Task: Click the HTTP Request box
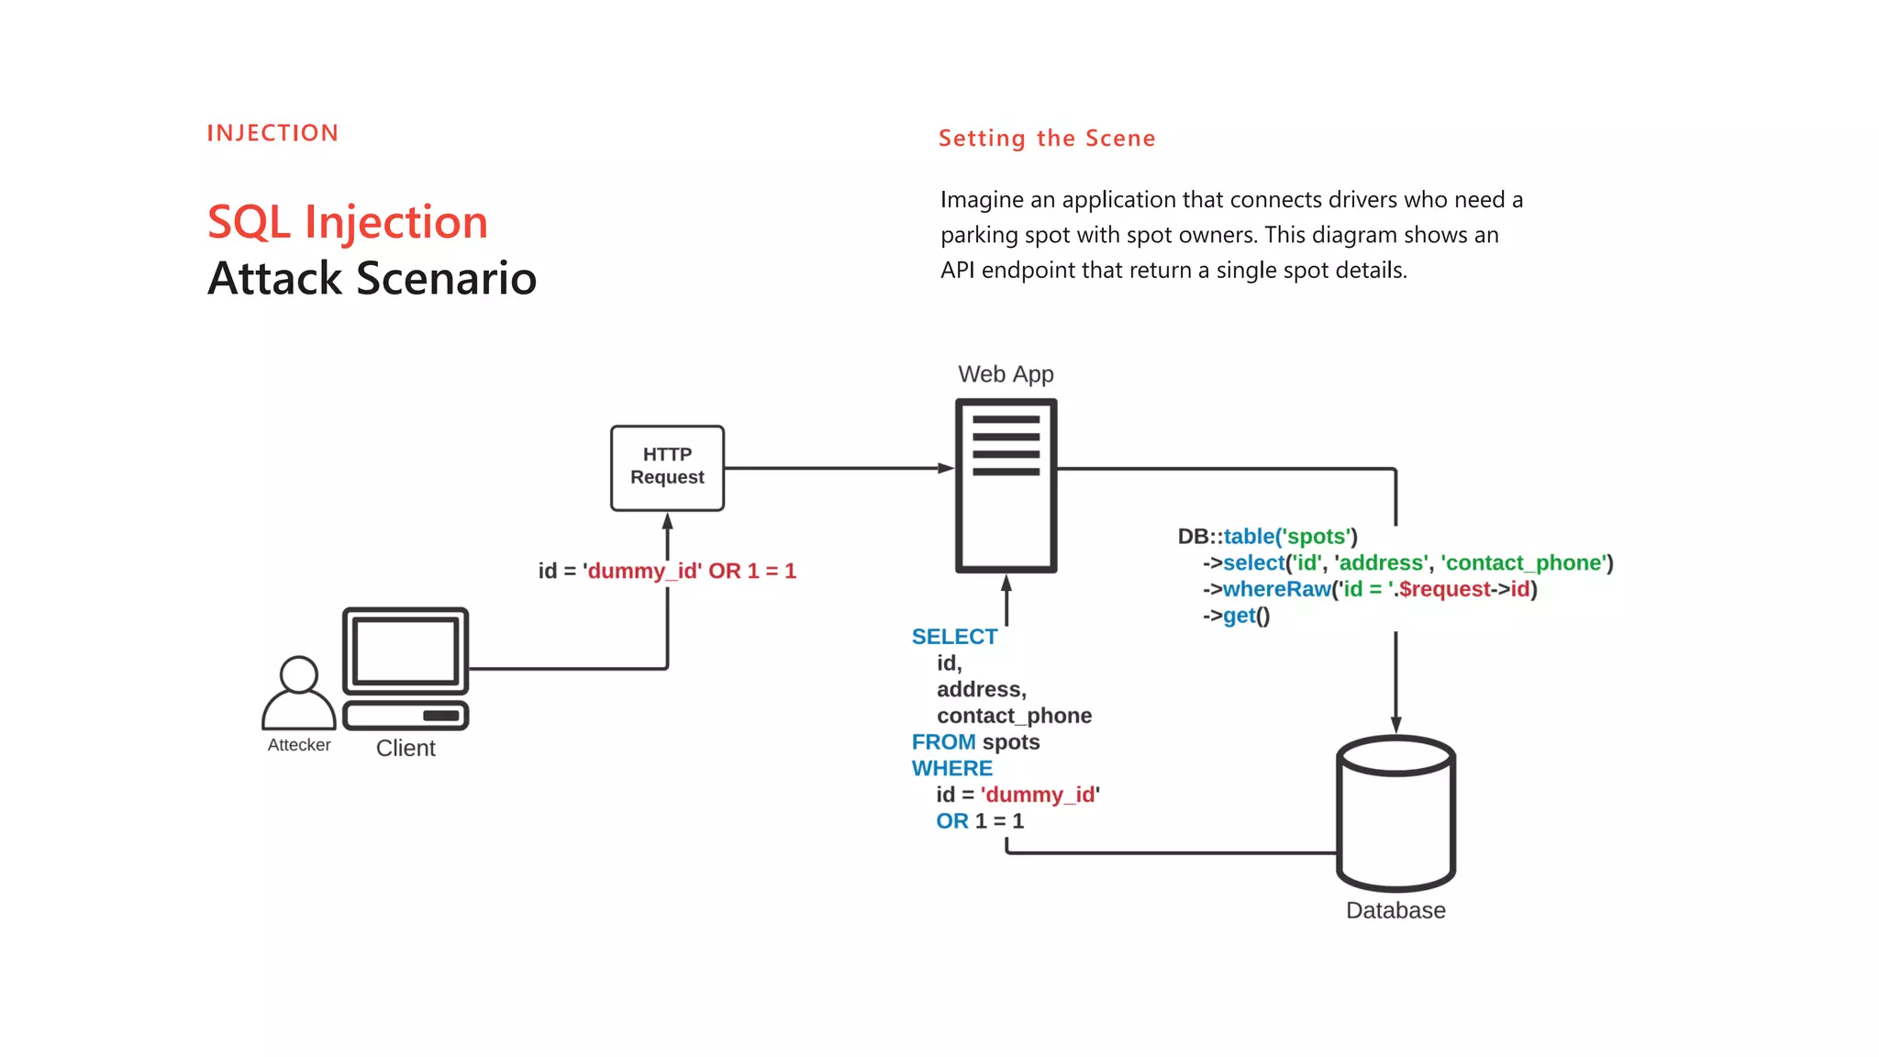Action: point(667,467)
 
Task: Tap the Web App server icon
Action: point(1006,484)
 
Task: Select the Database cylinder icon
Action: point(1395,813)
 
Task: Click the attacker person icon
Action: point(298,693)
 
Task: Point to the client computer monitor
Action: point(406,651)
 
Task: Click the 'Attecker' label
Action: point(299,745)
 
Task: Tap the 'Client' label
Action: point(406,748)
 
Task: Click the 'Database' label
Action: point(1395,910)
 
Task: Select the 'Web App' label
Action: point(1006,374)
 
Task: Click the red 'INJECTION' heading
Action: point(272,133)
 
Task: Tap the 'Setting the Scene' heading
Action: point(1047,139)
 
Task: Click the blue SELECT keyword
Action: point(954,637)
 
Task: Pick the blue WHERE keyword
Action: point(951,768)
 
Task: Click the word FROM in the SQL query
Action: point(943,741)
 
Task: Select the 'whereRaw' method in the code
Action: point(1276,589)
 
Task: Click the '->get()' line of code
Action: point(1237,616)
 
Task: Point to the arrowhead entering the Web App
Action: point(946,468)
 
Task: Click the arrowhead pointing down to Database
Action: point(1395,725)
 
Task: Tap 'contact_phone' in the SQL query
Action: point(1014,716)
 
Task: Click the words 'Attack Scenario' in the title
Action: point(372,278)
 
